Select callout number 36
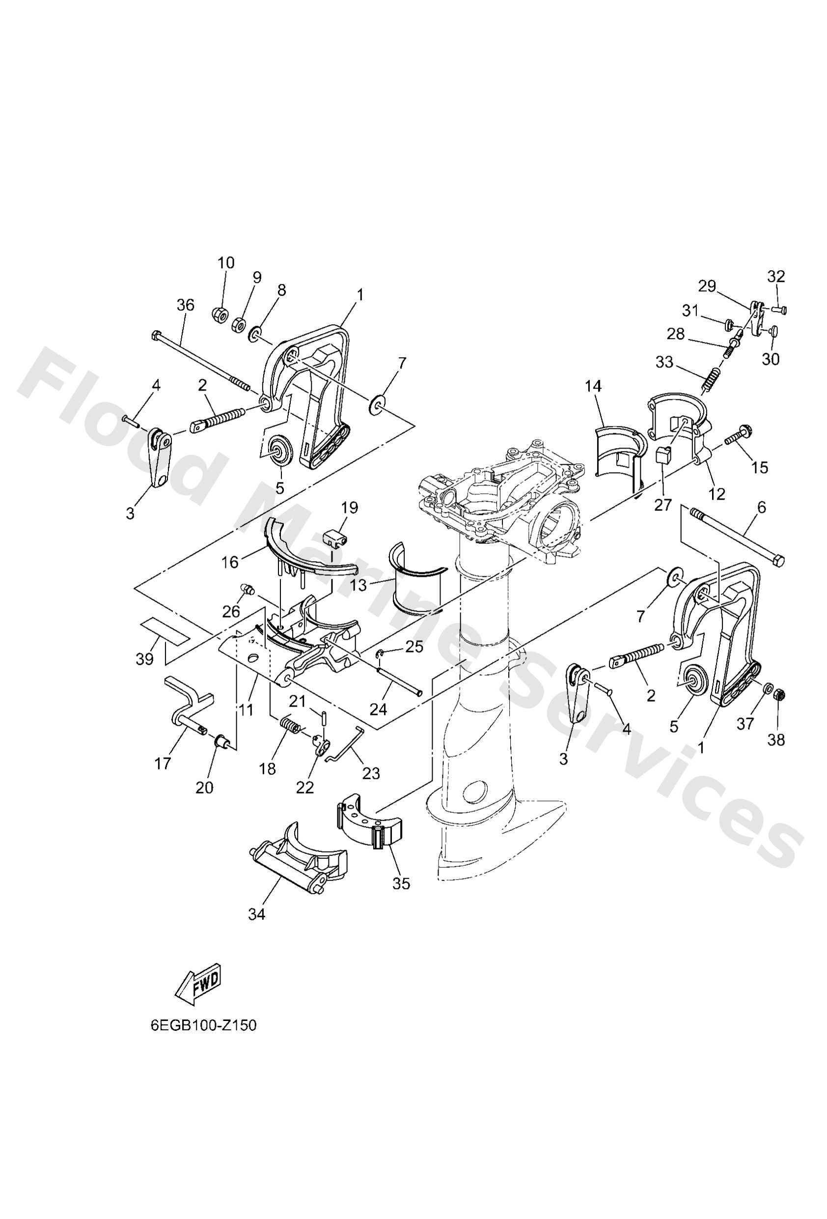[185, 304]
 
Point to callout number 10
[226, 262]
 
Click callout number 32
[776, 276]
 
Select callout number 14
[594, 386]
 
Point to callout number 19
[349, 508]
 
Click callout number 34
[257, 914]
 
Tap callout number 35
[401, 884]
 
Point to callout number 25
[414, 647]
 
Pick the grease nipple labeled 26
[246, 589]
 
